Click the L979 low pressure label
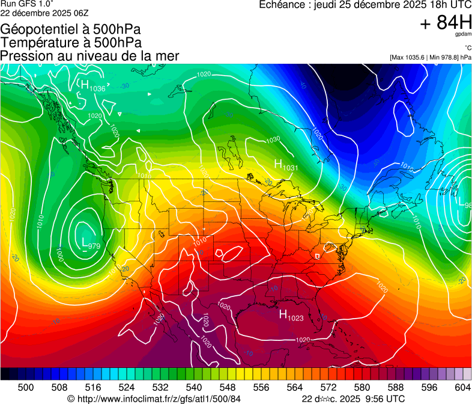(x=91, y=243)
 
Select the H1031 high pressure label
(x=286, y=164)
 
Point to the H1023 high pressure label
(x=291, y=315)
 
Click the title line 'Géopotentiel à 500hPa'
(x=70, y=29)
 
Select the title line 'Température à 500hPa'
(x=71, y=43)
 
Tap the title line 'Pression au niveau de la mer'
(x=89, y=56)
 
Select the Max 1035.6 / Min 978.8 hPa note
(x=430, y=57)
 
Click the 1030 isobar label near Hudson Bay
(x=273, y=139)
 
